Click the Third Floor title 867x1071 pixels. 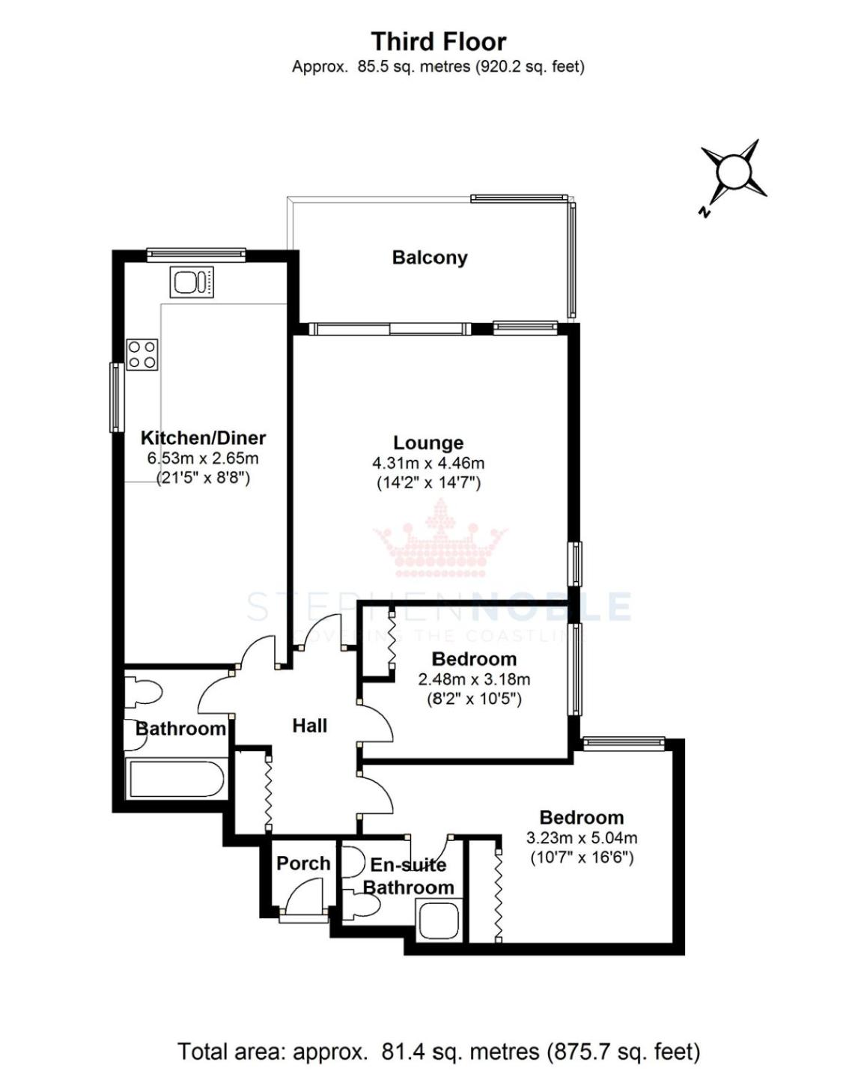(x=438, y=42)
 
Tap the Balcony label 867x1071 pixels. (x=430, y=258)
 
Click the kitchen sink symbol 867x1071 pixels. (x=192, y=282)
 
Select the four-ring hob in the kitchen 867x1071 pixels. (x=142, y=354)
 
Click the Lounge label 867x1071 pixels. (x=428, y=443)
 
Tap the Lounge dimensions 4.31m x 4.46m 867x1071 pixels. (x=428, y=463)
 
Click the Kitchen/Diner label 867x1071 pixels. (x=203, y=438)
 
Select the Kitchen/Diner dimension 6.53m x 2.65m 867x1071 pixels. (x=203, y=458)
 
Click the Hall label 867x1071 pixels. (x=310, y=726)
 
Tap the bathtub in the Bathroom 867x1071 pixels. (x=177, y=779)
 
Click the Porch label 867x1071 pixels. (x=303, y=864)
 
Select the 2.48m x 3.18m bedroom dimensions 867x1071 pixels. (x=474, y=679)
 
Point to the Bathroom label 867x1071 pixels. (x=180, y=729)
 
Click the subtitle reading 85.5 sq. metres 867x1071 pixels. (x=438, y=67)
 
